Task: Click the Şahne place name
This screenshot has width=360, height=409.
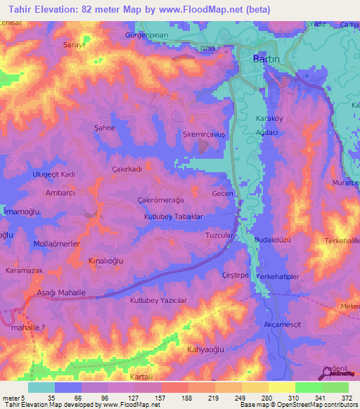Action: (105, 128)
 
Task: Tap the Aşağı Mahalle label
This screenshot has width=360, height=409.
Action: (61, 292)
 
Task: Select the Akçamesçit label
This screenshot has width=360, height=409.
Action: (282, 325)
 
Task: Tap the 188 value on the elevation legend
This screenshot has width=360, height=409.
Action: (174, 397)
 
